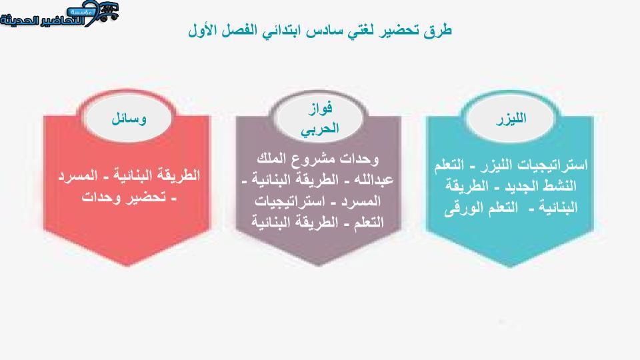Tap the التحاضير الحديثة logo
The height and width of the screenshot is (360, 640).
point(59,14)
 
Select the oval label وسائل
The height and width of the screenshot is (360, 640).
point(129,119)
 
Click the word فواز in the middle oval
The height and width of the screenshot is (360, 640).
point(321,108)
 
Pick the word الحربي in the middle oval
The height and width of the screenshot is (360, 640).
point(319,129)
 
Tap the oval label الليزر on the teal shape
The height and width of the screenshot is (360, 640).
point(511,119)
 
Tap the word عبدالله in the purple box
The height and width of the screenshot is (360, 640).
point(372,179)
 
